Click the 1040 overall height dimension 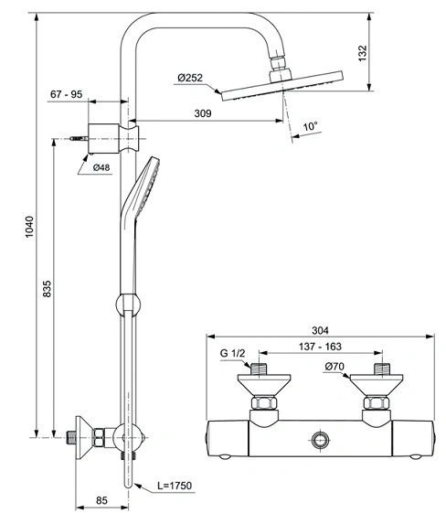30,227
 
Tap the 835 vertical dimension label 48,289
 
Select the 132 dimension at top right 363,53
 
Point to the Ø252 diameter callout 190,78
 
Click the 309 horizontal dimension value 203,113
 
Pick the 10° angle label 310,126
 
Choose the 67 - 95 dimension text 67,94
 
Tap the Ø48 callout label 101,167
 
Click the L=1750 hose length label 175,486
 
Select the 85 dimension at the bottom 101,500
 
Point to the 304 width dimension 320,330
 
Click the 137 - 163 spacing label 320,347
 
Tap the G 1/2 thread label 232,353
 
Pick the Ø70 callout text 334,367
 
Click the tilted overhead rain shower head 282,86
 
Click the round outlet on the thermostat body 319,440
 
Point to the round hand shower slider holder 128,305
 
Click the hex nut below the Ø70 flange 377,402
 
